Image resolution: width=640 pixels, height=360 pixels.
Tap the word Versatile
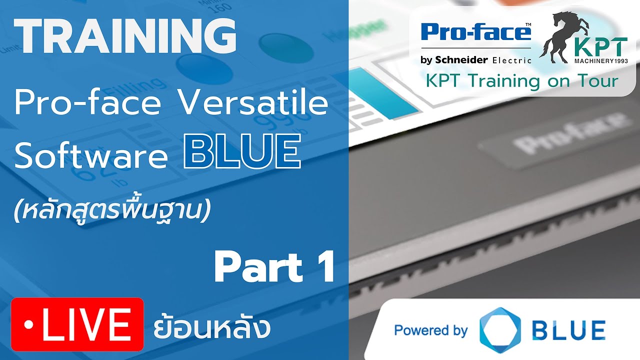point(253,103)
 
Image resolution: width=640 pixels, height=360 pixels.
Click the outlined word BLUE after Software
point(242,153)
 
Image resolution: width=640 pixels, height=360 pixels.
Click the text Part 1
point(274,268)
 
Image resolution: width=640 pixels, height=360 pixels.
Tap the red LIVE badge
point(77,324)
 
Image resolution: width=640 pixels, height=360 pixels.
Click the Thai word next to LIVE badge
point(212,327)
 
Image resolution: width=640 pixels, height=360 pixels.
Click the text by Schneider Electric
point(475,59)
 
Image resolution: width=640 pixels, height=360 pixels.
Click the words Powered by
point(430,330)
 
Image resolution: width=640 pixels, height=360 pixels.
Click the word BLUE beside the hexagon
point(568,330)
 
